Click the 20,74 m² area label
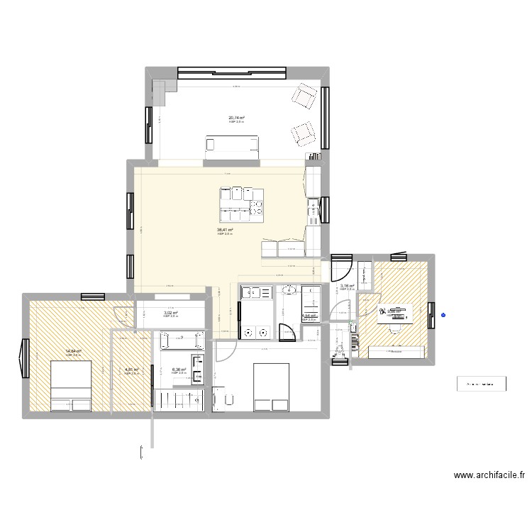[236, 118]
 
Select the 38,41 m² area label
[225, 230]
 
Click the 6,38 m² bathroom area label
[178, 370]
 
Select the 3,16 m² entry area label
[347, 286]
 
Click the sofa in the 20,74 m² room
[234, 145]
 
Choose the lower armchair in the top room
[303, 133]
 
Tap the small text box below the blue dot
[481, 384]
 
